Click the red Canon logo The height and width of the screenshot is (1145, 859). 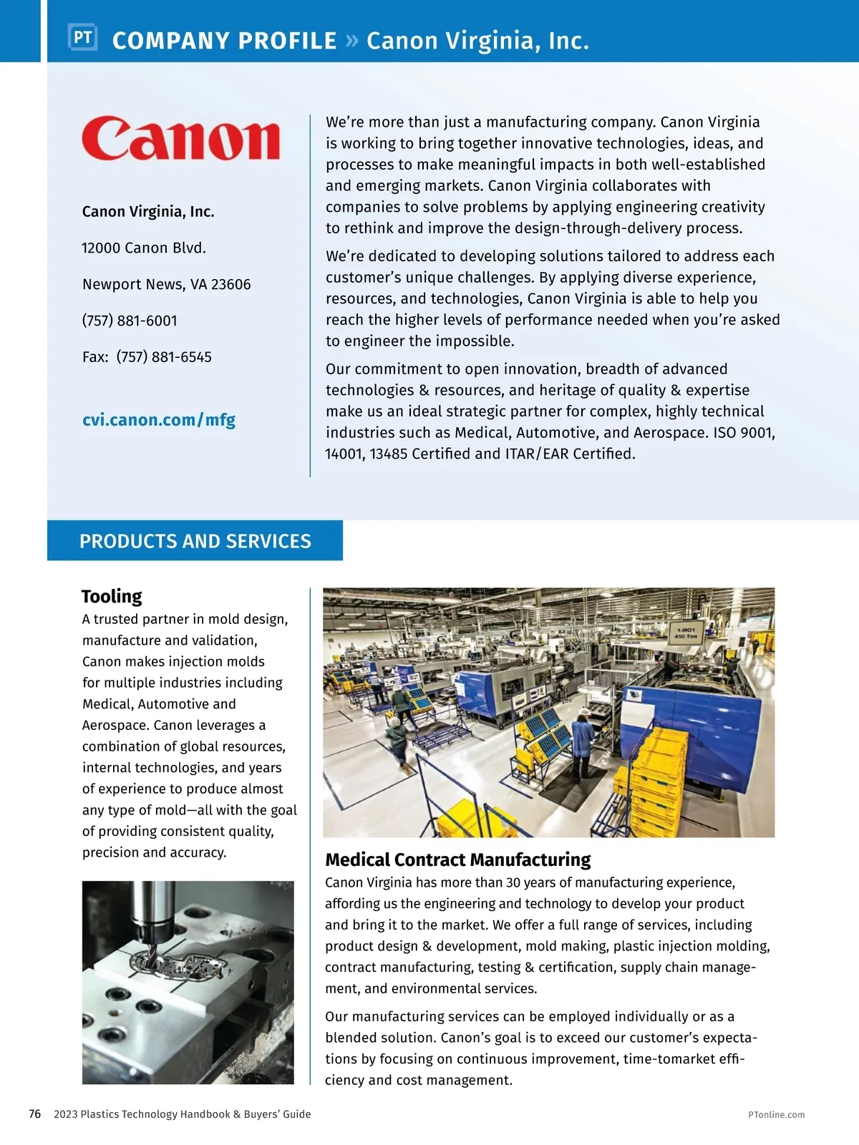[180, 138]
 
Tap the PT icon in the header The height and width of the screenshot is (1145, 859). [82, 37]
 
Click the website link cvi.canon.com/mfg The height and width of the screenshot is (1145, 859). [158, 420]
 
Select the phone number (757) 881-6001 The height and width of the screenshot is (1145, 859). [130, 321]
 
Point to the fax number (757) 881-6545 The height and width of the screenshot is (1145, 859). [164, 357]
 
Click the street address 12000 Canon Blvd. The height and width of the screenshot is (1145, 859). [144, 248]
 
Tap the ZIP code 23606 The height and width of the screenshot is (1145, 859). [231, 285]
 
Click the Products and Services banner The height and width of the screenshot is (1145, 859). [195, 541]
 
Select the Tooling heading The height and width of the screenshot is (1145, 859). [112, 596]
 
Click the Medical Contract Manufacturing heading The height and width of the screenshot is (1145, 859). [458, 859]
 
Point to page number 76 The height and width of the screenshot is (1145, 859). [34, 1114]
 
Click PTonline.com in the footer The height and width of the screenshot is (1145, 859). [776, 1115]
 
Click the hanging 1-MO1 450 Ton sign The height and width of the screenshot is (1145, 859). [685, 633]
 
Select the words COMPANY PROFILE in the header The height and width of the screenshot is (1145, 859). [224, 41]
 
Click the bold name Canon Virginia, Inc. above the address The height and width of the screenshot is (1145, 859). [148, 212]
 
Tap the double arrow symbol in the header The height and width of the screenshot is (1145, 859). [351, 40]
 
